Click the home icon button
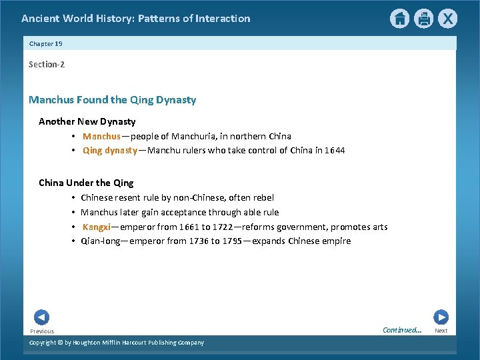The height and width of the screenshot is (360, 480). [399, 19]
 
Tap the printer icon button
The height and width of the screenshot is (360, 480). [423, 19]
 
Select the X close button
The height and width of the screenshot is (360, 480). [447, 19]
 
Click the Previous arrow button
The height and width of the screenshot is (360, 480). [41, 317]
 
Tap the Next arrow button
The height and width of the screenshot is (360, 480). [441, 317]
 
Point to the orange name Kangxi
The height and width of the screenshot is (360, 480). [97, 227]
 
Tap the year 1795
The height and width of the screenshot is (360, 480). [233, 241]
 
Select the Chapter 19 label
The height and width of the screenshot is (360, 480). [45, 43]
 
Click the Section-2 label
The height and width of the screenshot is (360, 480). [47, 65]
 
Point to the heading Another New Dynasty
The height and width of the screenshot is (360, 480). [87, 121]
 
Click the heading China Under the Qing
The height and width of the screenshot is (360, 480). [86, 183]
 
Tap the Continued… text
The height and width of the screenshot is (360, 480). [402, 330]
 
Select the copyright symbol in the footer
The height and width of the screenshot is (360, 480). [59, 343]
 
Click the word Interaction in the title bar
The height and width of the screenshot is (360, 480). [223, 19]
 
